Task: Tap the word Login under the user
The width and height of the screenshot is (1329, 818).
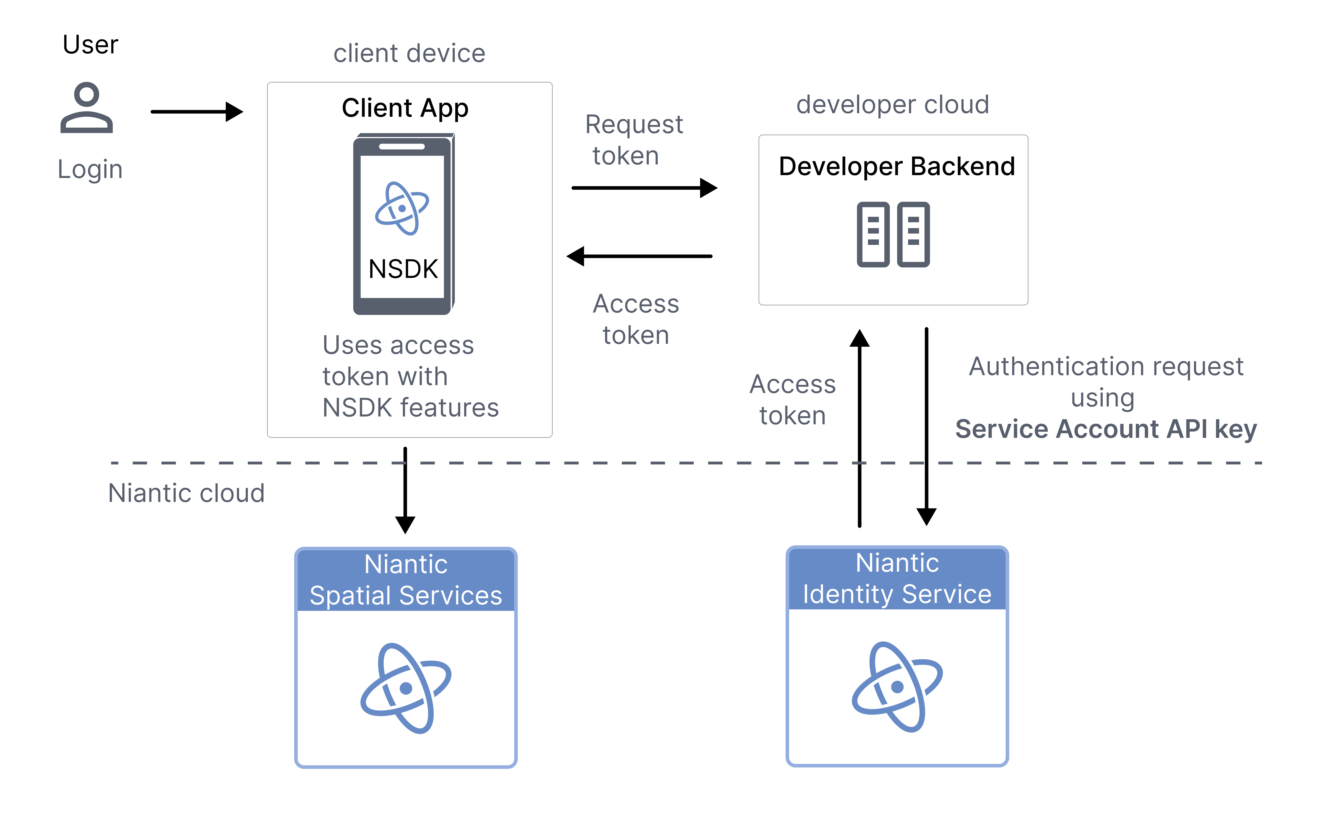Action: (90, 169)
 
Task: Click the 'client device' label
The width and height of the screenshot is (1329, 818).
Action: (409, 54)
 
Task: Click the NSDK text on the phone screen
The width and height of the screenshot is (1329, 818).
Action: (403, 269)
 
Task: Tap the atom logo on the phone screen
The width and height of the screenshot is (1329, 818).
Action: (402, 208)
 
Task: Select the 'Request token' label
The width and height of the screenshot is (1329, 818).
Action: (634, 140)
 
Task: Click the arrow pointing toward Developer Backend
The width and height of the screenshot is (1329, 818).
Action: (644, 188)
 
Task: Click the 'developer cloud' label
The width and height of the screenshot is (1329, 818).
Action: (892, 104)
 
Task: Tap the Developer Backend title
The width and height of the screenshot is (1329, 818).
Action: (897, 166)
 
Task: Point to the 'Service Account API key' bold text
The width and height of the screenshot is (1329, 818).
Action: (1106, 429)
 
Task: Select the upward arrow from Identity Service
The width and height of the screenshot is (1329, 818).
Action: (859, 427)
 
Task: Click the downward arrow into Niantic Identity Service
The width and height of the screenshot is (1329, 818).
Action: (926, 427)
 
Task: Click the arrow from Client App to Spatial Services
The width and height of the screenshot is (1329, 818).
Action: (405, 490)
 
